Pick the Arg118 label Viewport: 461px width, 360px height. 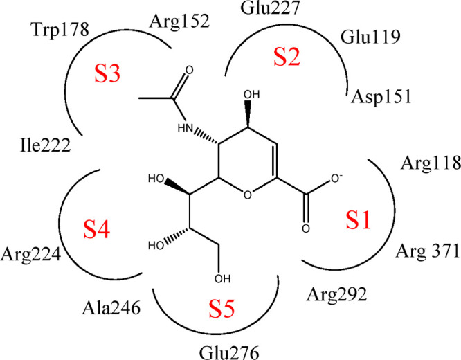click(431, 164)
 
